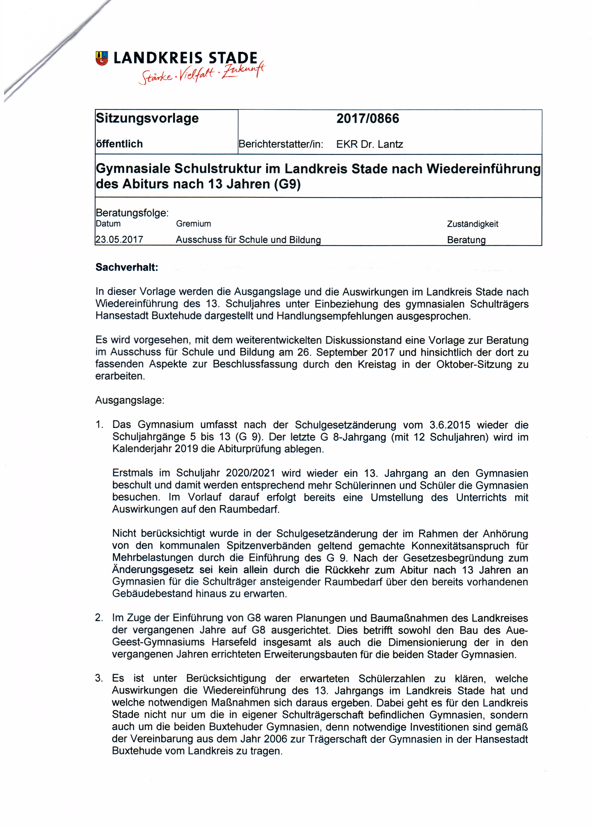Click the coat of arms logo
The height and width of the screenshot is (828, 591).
[x=102, y=58]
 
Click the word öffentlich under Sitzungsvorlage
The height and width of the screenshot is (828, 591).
[x=119, y=144]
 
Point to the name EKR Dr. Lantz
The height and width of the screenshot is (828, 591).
[x=369, y=144]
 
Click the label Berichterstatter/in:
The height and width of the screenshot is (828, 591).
[x=281, y=144]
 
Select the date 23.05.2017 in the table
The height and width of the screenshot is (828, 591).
[x=119, y=239]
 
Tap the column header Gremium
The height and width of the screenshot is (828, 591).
[x=193, y=224]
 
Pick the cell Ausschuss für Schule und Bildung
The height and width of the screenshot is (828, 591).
[x=248, y=240]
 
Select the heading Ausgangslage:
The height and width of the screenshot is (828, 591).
[x=130, y=400]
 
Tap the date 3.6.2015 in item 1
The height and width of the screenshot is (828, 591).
[x=449, y=425]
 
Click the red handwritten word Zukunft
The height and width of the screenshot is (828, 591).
[x=244, y=70]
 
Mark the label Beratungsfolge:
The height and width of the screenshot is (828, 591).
[x=132, y=213]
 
